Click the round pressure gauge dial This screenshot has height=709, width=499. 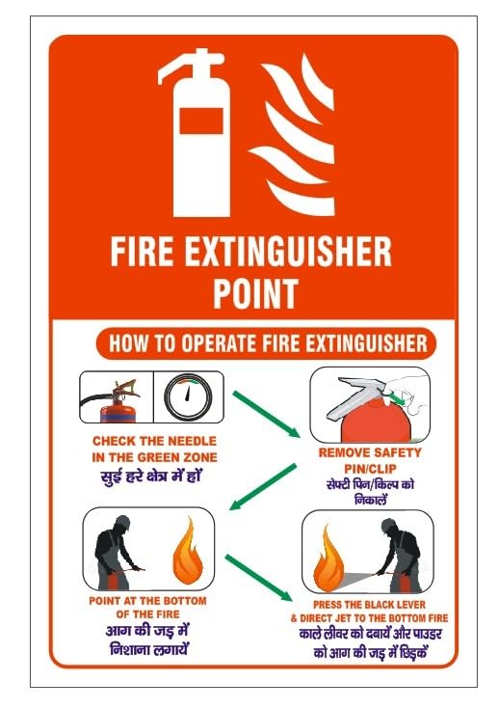click(189, 395)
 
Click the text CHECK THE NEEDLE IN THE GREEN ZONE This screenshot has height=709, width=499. click(153, 450)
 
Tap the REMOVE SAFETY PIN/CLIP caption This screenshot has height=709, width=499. click(370, 458)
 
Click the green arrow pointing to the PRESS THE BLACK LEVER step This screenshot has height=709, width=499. click(261, 574)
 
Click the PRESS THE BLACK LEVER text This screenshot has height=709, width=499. click(370, 605)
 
